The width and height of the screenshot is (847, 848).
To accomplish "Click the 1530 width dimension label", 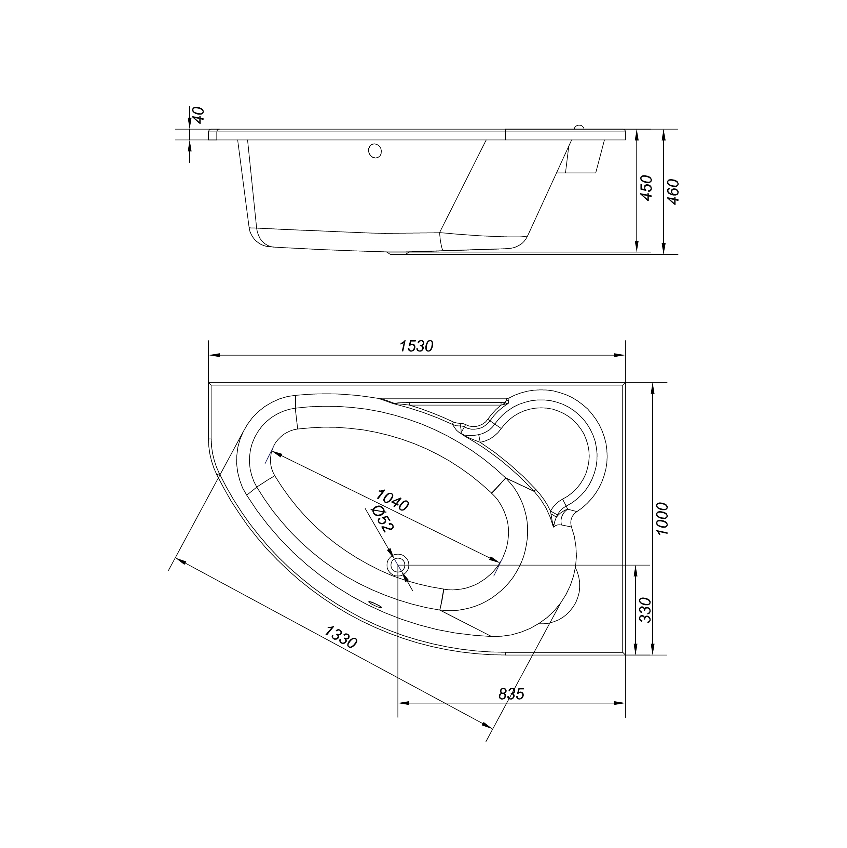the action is tap(416, 346).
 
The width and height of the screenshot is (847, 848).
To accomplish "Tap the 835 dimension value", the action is tap(511, 693).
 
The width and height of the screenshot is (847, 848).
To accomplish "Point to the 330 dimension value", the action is tap(645, 610).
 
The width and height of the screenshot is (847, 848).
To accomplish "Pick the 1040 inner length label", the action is tap(392, 500).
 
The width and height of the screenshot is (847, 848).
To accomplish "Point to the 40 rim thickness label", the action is tap(199, 115).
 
